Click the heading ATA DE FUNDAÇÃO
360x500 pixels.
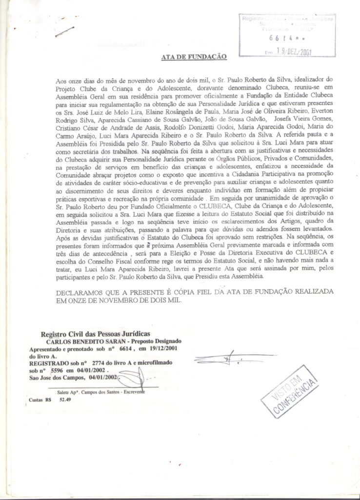[x=194, y=57]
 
